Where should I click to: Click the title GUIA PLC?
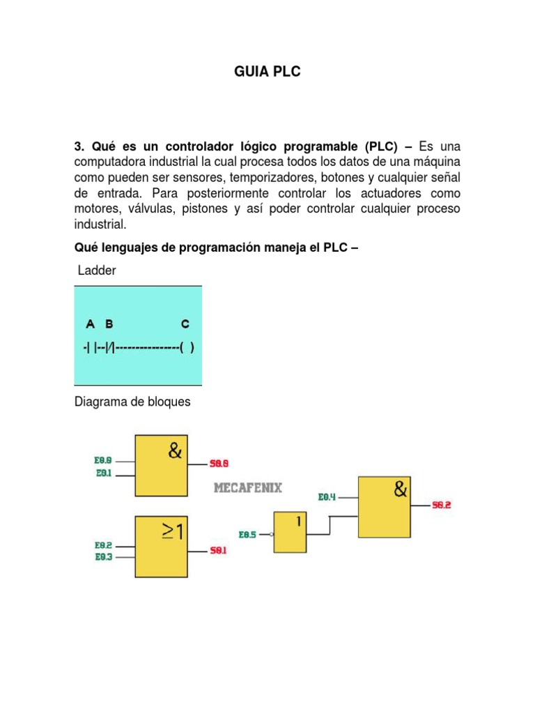pos(267,71)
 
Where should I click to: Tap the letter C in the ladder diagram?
pos(185,324)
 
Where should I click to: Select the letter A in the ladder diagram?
pos(90,324)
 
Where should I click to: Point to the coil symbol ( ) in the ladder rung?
pos(186,347)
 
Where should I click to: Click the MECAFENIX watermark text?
pos(247,487)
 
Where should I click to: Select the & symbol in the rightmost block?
pos(401,489)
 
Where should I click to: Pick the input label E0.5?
pos(248,535)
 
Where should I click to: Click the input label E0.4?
pos(327,497)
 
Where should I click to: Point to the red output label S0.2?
pos(442,505)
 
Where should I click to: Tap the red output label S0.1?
pos(219,550)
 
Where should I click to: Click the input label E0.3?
pos(103,557)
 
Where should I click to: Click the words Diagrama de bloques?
pos(132,402)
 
